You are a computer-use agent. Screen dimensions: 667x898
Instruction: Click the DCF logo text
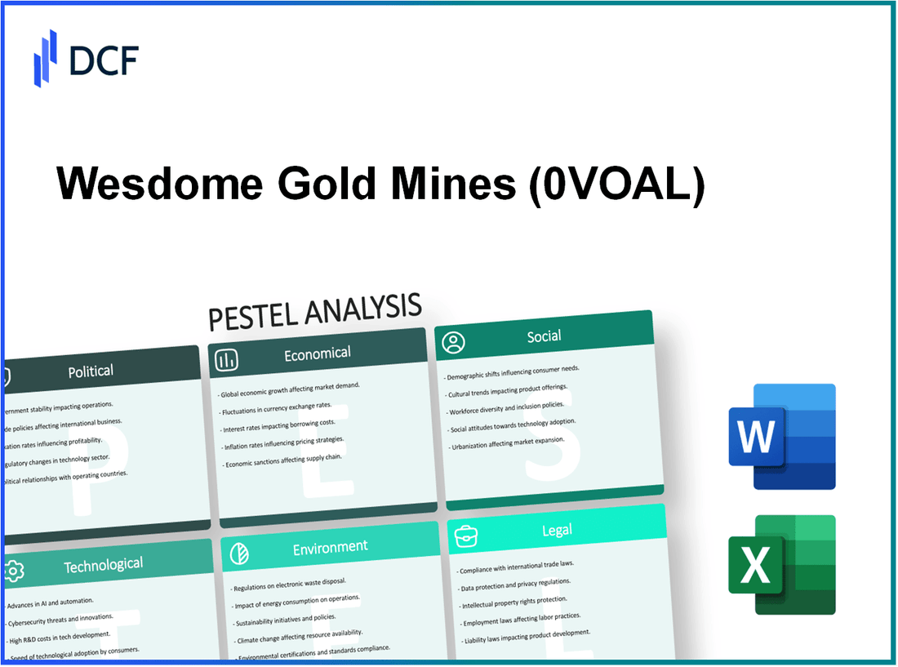point(104,60)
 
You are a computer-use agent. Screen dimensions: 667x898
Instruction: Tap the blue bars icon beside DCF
point(46,58)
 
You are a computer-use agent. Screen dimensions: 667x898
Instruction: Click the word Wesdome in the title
point(159,187)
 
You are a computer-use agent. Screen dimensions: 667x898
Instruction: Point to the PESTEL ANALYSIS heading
point(314,310)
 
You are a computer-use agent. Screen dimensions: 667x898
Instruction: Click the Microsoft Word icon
point(781,437)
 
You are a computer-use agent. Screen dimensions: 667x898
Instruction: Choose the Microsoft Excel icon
point(781,564)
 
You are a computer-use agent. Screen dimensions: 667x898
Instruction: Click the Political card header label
point(91,371)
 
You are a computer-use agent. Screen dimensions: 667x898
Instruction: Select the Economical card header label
point(317,353)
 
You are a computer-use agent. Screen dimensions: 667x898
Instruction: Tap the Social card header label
point(544,336)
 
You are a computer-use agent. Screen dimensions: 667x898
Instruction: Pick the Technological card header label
point(103,564)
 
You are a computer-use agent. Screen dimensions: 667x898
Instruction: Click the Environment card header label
point(331,546)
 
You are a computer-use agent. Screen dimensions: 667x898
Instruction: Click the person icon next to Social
point(453,342)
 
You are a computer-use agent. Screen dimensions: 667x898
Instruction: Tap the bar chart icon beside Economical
point(228,359)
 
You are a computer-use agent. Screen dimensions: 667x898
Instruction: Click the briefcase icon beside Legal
point(466,535)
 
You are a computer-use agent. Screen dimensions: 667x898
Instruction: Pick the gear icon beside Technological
point(14,571)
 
